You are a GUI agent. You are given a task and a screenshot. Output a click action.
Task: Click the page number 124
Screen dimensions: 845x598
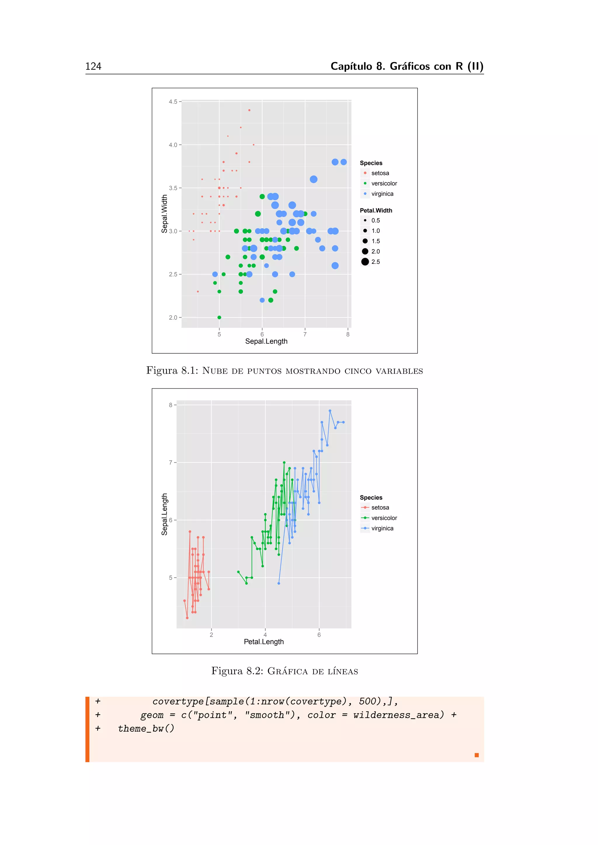(x=93, y=66)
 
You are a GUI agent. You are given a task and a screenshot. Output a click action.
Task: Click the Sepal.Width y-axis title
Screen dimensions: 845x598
(x=164, y=214)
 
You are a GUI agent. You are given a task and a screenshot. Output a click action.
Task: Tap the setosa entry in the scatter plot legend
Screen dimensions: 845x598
(x=380, y=173)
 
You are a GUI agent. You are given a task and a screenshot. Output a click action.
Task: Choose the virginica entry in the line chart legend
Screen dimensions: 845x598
(x=382, y=528)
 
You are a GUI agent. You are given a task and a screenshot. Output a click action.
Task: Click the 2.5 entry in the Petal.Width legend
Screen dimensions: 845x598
(x=375, y=262)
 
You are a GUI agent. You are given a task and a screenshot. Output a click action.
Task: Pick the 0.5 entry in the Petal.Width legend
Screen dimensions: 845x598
(x=375, y=221)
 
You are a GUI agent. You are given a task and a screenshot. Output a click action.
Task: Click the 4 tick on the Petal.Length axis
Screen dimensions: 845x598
(x=265, y=635)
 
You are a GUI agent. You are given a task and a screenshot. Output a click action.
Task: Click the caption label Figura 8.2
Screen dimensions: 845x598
(x=237, y=671)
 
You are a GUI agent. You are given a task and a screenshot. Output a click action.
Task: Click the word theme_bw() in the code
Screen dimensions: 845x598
(x=146, y=729)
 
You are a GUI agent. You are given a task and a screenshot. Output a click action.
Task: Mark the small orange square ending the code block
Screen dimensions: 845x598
(x=477, y=755)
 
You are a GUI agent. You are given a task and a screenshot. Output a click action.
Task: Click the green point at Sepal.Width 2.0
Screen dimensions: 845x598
(x=219, y=317)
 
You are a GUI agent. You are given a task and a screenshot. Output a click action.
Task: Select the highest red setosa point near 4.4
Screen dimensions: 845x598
(x=249, y=110)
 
